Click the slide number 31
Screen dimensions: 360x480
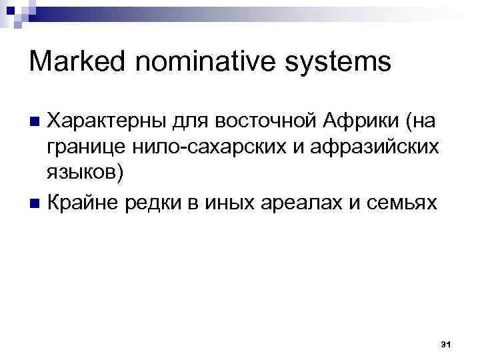tap(446, 344)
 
